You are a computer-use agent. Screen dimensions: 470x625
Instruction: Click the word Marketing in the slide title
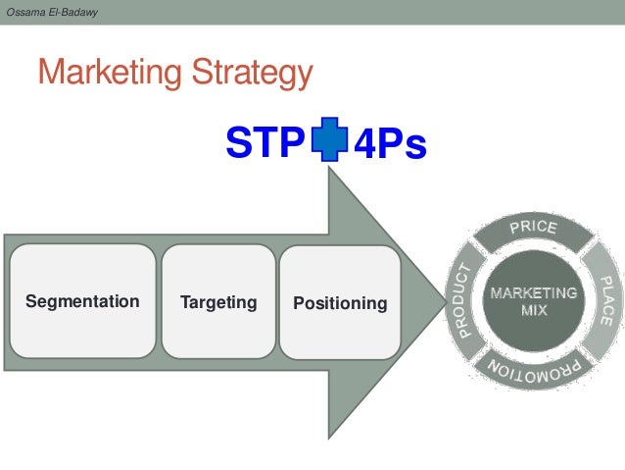coord(109,73)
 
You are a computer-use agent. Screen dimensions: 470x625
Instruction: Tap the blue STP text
coord(264,145)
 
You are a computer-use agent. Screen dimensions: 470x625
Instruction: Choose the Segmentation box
coord(82,301)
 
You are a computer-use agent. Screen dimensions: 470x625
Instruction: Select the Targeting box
coord(218,301)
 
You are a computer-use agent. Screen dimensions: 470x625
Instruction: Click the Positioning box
coord(340,301)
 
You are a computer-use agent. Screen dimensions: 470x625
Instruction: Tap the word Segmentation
coord(82,301)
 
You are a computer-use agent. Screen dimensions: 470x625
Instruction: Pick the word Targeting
coord(218,301)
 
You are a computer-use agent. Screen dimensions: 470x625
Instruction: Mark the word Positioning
coord(340,303)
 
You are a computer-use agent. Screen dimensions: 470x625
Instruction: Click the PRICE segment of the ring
coord(533,230)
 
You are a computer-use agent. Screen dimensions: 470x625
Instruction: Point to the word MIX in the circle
coord(534,310)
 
